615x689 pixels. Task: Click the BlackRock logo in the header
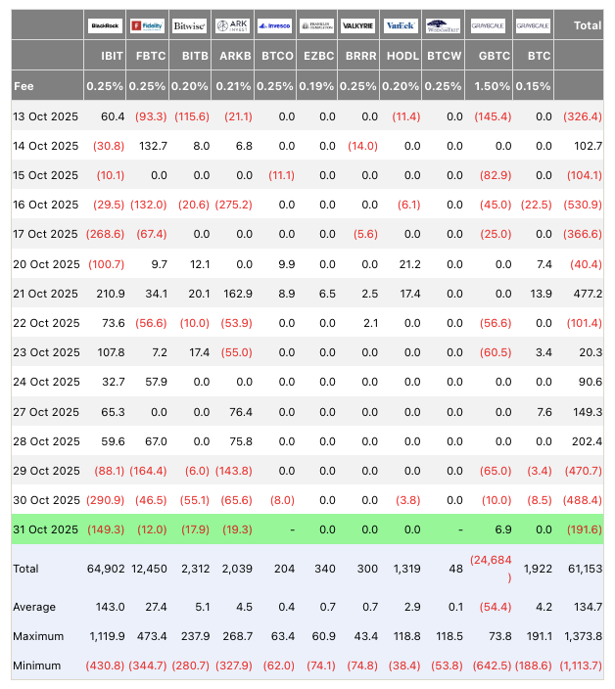(105, 25)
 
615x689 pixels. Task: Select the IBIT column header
(111, 57)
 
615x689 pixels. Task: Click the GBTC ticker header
(493, 57)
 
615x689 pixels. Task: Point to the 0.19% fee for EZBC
(319, 87)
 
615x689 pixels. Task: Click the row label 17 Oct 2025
(46, 235)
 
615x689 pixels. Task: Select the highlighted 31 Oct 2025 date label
(46, 529)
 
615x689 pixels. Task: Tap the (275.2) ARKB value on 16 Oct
(231, 206)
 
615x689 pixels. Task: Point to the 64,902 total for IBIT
(105, 568)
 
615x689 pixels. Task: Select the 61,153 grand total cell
(583, 568)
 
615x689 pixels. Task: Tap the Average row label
(35, 607)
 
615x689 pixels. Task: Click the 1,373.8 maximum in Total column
(580, 636)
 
